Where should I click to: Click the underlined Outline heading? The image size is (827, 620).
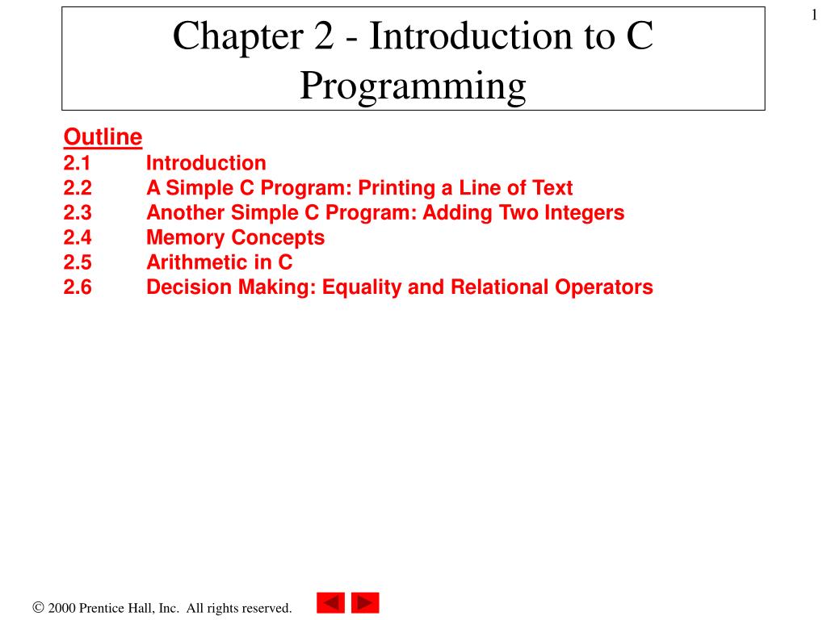tap(103, 138)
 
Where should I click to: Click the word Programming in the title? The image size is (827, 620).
tap(413, 86)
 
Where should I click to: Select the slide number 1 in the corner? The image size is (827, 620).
tap(815, 15)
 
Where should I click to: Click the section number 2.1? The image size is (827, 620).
tap(78, 164)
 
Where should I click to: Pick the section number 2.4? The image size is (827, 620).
tap(78, 238)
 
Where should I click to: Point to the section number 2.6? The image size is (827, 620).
tap(78, 287)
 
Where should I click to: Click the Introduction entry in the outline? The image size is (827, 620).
tap(206, 164)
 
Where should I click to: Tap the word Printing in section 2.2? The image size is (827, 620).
tap(395, 189)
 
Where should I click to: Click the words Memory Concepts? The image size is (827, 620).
tap(235, 238)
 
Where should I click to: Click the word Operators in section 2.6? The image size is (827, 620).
tap(604, 287)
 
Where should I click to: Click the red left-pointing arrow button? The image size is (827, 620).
tap(330, 603)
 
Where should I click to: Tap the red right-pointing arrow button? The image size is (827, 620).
tap(365, 603)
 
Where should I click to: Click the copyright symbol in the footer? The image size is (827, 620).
tap(38, 608)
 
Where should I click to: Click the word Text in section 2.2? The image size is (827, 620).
tap(552, 189)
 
